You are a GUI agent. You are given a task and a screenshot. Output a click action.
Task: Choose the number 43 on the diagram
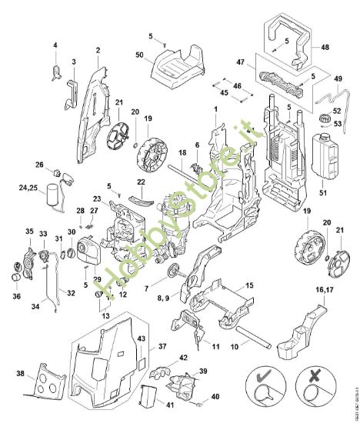click(141, 339)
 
